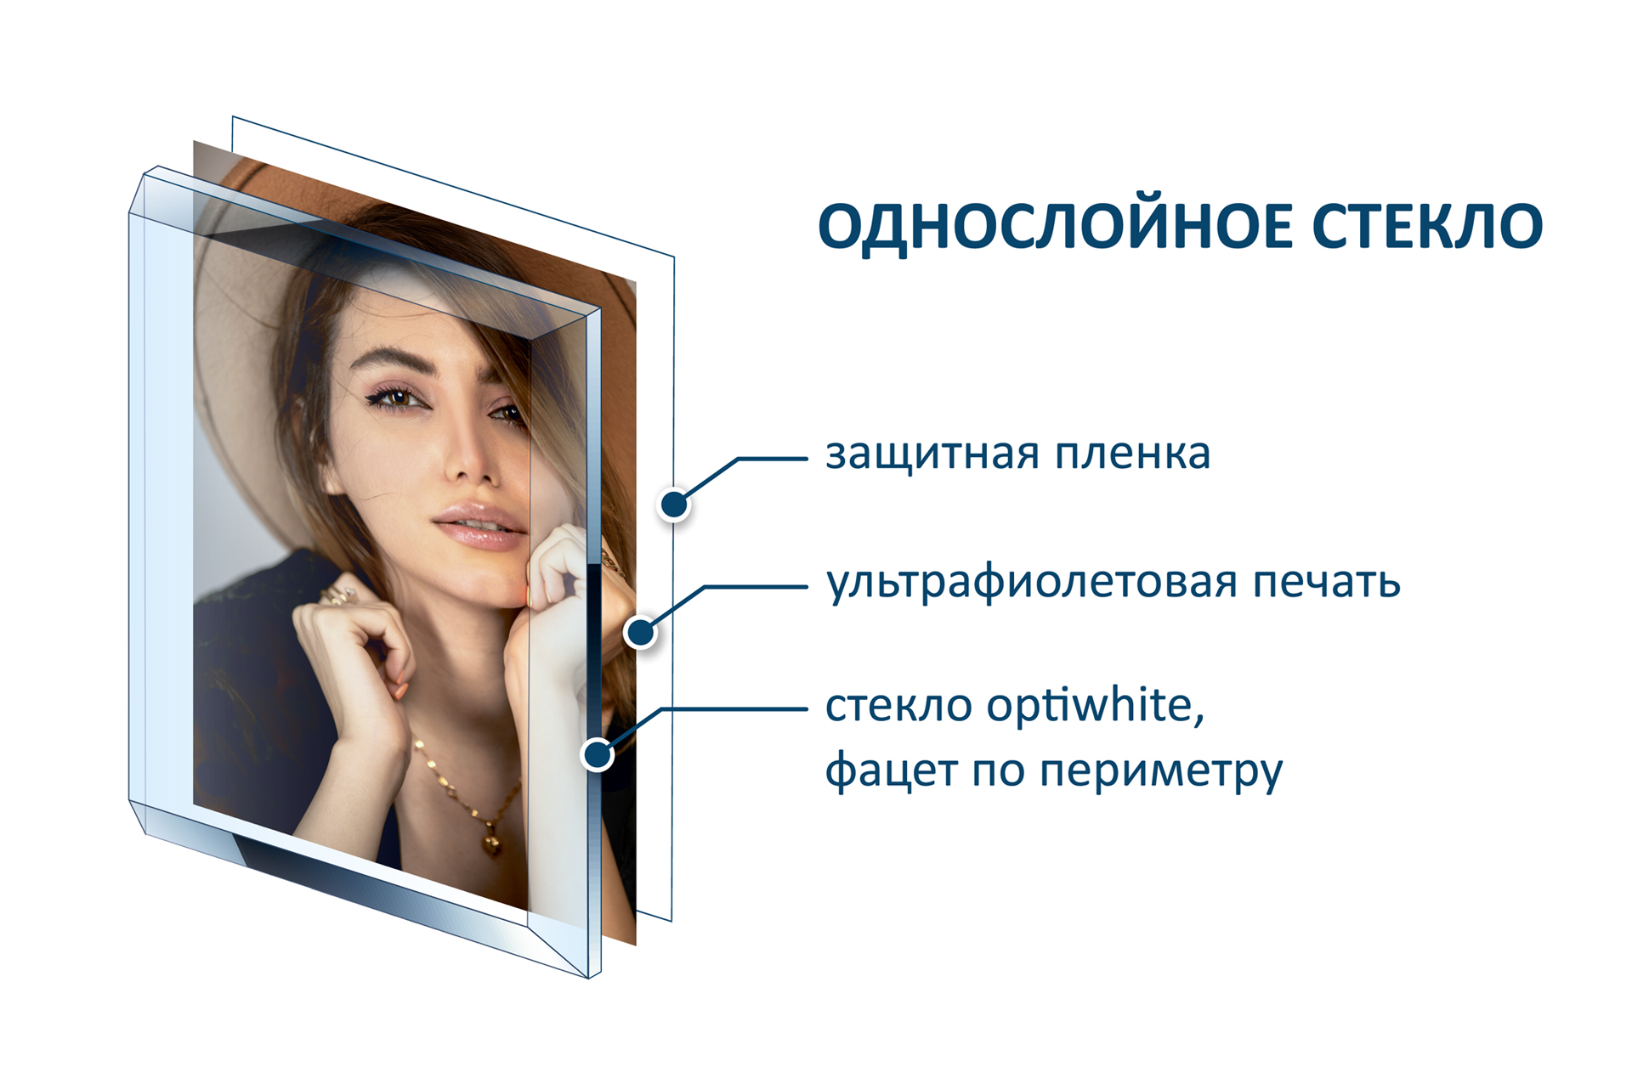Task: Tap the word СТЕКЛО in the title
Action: click(1427, 226)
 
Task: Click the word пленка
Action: click(1132, 454)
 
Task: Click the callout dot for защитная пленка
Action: click(674, 505)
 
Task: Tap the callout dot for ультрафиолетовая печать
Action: click(640, 632)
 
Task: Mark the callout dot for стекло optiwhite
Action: click(598, 753)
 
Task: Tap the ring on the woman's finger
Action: click(340, 595)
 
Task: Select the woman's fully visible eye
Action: click(394, 398)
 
